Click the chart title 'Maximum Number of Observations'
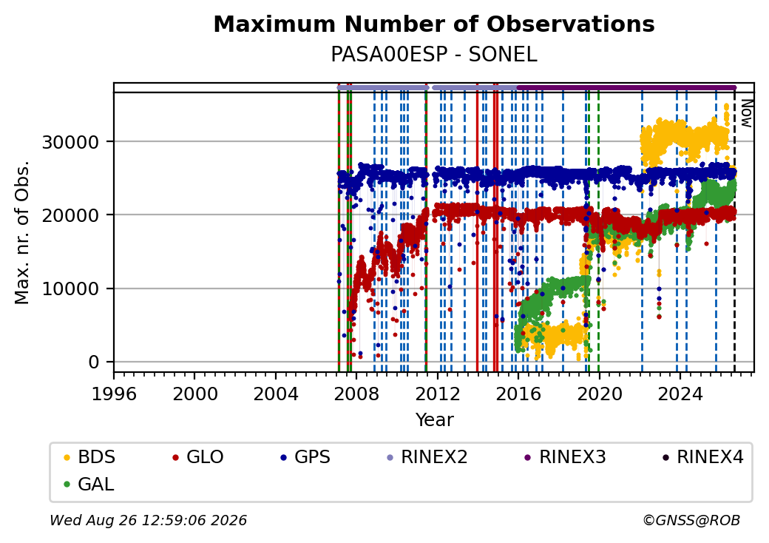[434, 24]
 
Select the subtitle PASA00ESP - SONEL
[434, 55]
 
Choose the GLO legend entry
[198, 457]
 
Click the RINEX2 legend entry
[427, 457]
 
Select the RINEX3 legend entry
[566, 457]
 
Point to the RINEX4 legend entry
[703, 457]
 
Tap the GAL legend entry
[89, 484]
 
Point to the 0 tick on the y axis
[94, 362]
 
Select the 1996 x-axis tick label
[114, 394]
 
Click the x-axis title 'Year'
[435, 420]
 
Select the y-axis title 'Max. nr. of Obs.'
[22, 232]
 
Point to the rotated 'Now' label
[746, 113]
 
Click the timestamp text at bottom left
[148, 520]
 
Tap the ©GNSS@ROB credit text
[691, 520]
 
